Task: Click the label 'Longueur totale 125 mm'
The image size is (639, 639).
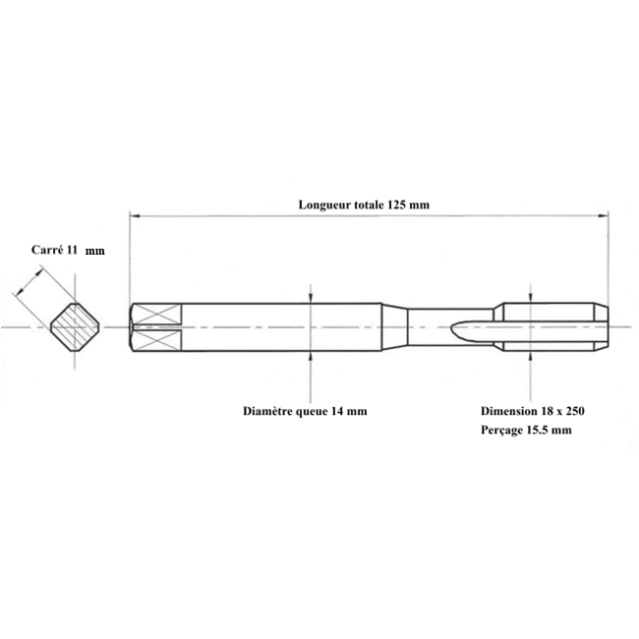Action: click(x=364, y=204)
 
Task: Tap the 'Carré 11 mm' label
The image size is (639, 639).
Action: click(x=68, y=250)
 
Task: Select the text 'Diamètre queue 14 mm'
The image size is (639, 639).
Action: click(x=305, y=411)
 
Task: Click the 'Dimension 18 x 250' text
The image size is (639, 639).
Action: click(x=533, y=411)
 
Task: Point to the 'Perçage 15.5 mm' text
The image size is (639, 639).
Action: click(x=526, y=430)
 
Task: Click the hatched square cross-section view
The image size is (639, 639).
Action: click(x=75, y=326)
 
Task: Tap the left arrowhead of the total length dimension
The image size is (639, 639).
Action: click(x=135, y=215)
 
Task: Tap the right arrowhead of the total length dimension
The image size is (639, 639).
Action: click(x=604, y=215)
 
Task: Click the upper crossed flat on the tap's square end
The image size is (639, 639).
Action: click(x=157, y=314)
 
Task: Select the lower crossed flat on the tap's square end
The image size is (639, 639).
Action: click(x=157, y=340)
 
